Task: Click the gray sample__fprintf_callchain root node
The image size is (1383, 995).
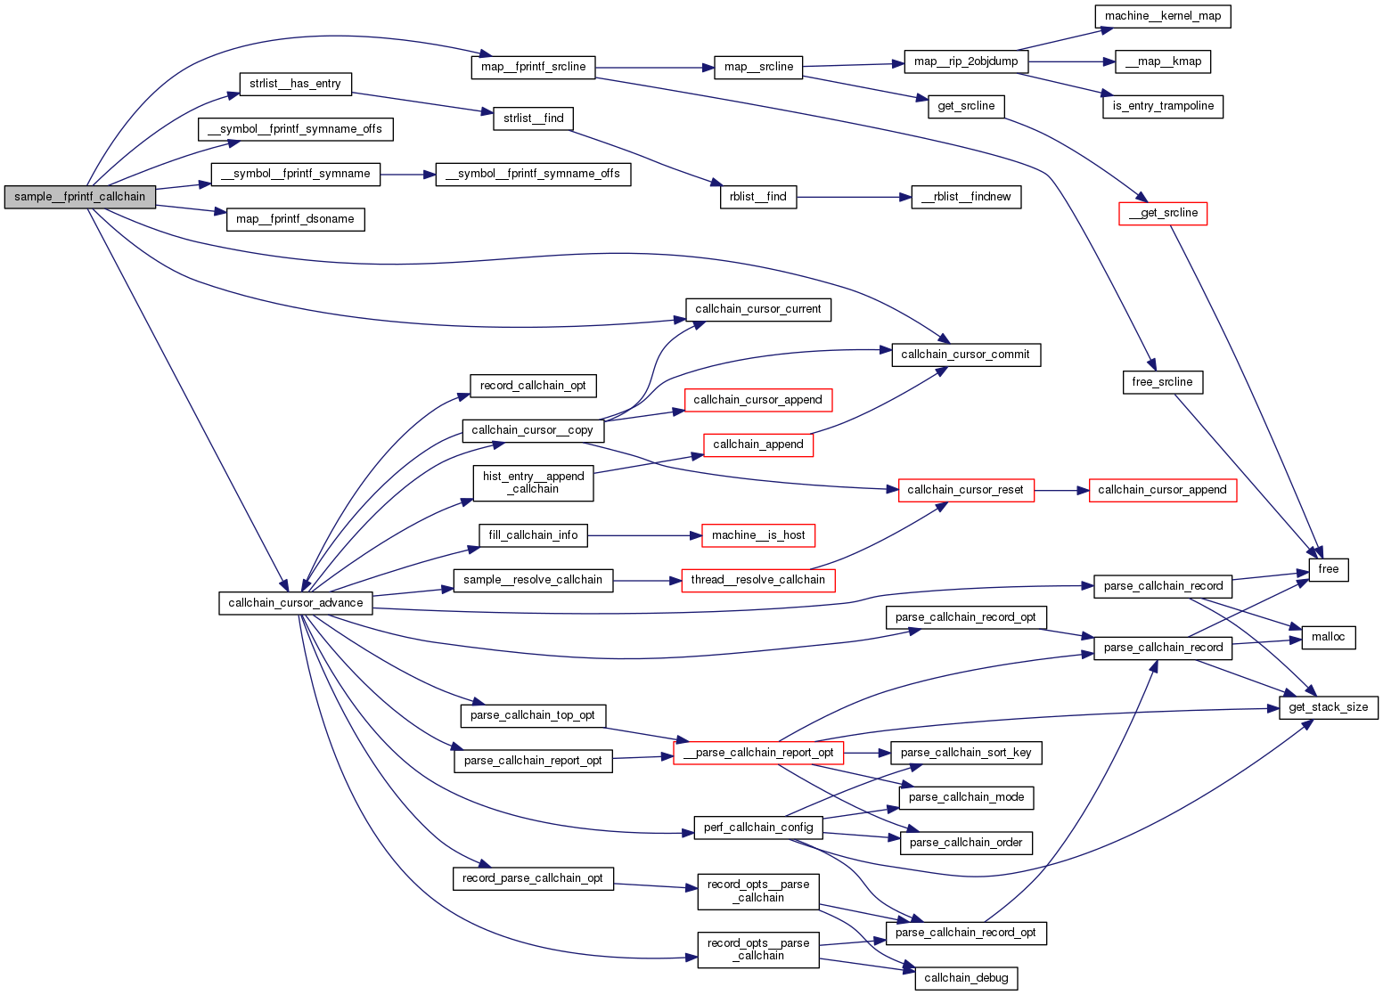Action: point(79,197)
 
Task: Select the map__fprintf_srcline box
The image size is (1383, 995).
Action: point(533,67)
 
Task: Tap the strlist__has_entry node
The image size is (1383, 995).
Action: point(295,84)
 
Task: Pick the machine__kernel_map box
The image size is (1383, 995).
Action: point(1163,16)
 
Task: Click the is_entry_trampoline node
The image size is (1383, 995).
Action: point(1163,106)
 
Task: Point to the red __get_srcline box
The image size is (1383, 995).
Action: point(1163,214)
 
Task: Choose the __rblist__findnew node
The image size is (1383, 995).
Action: point(966,197)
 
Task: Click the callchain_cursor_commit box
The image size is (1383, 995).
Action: point(965,355)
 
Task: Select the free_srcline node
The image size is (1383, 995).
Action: point(1162,382)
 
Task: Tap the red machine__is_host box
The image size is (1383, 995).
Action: point(758,535)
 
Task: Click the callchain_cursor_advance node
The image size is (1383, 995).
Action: point(295,603)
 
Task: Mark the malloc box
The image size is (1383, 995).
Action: point(1328,637)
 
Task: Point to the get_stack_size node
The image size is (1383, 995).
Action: point(1328,707)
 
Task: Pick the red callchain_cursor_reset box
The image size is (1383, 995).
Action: point(966,490)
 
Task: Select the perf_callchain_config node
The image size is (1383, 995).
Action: point(758,828)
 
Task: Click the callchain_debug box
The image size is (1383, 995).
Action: point(966,978)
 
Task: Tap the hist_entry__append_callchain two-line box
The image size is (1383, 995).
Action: point(533,483)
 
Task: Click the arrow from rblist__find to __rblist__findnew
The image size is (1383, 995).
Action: point(853,197)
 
